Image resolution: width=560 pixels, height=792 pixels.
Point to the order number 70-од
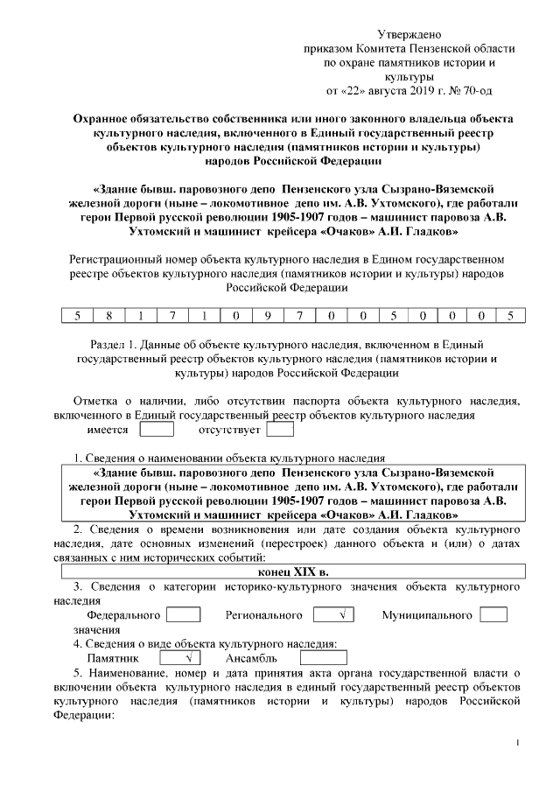(477, 89)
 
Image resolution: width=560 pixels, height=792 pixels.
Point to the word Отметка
(95, 402)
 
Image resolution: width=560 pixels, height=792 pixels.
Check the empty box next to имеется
(157, 430)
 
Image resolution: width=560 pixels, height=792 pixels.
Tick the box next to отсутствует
(280, 430)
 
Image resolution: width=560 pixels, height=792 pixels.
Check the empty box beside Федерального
(183, 615)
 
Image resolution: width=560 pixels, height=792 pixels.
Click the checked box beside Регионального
(332, 615)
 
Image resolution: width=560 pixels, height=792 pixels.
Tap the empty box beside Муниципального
(493, 615)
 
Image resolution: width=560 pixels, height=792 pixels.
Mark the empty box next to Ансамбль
(323, 657)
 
